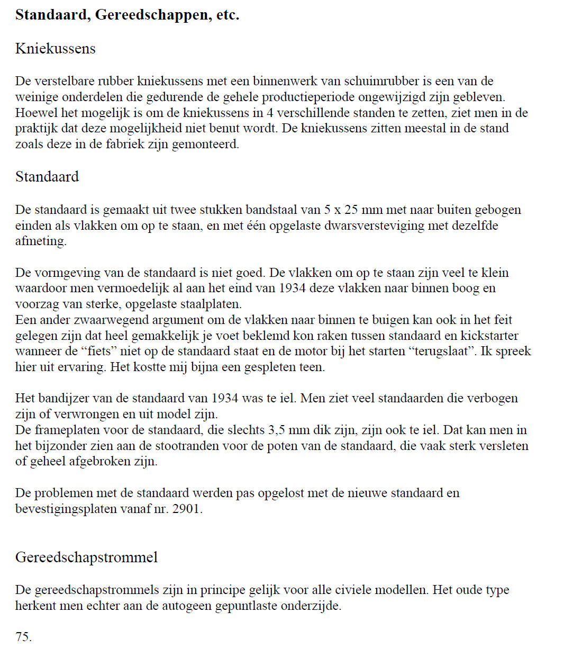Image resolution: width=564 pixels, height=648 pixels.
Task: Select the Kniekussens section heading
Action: tap(56, 49)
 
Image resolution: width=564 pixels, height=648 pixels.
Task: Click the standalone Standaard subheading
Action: tap(47, 176)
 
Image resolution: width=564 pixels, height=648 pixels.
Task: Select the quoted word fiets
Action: tap(119, 352)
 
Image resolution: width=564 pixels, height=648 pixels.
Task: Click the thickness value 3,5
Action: tap(270, 430)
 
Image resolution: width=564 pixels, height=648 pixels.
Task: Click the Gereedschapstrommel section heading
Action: tap(87, 557)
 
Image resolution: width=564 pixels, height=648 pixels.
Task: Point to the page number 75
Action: tap(23, 637)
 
